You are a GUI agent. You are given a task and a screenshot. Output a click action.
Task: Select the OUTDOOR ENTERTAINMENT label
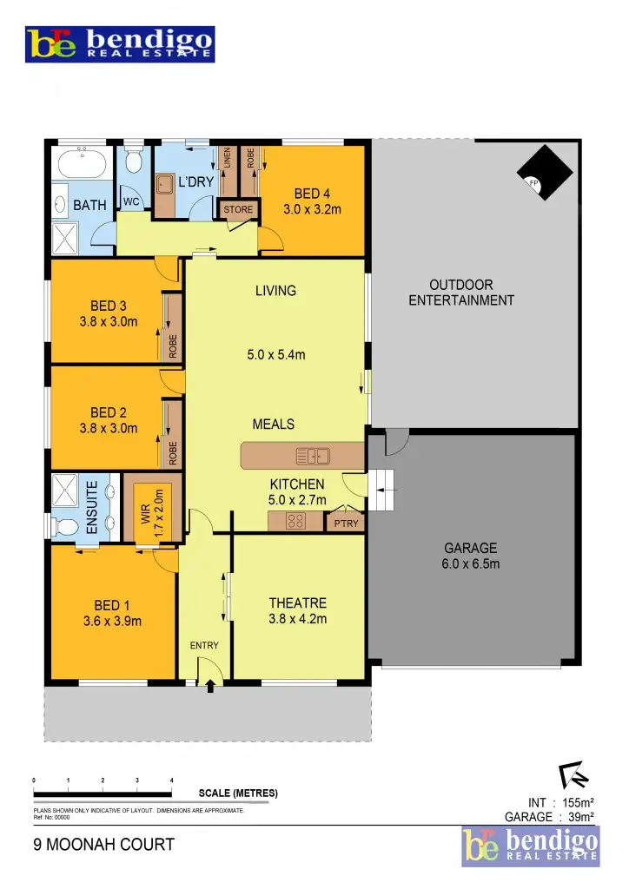(461, 293)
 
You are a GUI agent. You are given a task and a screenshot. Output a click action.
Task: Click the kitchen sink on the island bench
(312, 455)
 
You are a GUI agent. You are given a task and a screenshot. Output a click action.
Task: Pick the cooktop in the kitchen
(295, 521)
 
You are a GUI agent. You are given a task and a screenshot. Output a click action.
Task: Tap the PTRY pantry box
(342, 523)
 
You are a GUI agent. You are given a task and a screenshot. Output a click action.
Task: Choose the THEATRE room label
(298, 603)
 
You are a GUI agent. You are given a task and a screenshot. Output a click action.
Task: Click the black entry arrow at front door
(210, 685)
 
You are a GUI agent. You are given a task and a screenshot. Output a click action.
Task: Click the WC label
(132, 201)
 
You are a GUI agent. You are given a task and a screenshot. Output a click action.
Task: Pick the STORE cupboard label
(238, 209)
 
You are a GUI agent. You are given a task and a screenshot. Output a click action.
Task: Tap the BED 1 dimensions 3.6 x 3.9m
(112, 621)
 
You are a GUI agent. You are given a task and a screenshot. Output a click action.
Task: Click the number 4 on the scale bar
(172, 781)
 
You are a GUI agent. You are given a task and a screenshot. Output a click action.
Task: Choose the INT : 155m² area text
(560, 802)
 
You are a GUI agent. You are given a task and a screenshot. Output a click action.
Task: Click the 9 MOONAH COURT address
(104, 844)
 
